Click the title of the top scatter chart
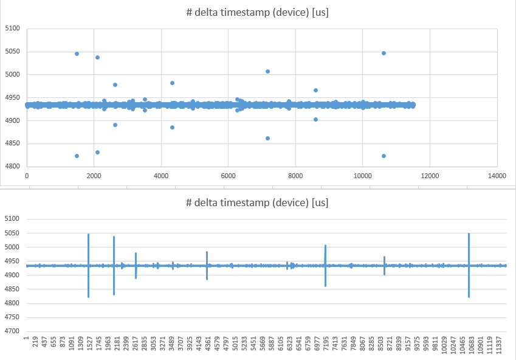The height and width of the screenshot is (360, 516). (x=258, y=13)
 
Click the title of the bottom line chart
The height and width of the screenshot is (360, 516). (x=258, y=202)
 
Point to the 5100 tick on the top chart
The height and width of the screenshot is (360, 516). (x=12, y=29)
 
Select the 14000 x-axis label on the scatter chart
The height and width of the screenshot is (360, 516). (x=497, y=176)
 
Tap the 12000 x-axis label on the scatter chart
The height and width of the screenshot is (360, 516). (x=430, y=176)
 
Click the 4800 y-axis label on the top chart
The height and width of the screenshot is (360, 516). (x=12, y=167)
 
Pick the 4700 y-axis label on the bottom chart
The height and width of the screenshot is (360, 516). (x=12, y=331)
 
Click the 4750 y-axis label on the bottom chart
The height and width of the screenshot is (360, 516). (x=12, y=317)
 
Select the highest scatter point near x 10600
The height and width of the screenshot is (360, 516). (x=384, y=53)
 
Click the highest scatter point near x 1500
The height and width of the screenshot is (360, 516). (x=77, y=54)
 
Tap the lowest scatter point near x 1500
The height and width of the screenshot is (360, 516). (x=77, y=156)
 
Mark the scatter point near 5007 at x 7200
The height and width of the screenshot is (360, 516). (x=267, y=71)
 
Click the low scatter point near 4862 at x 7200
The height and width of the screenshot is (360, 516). (x=267, y=138)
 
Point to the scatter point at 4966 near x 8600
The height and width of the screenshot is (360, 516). (x=315, y=90)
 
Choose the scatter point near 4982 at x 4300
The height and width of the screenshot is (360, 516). (x=172, y=83)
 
